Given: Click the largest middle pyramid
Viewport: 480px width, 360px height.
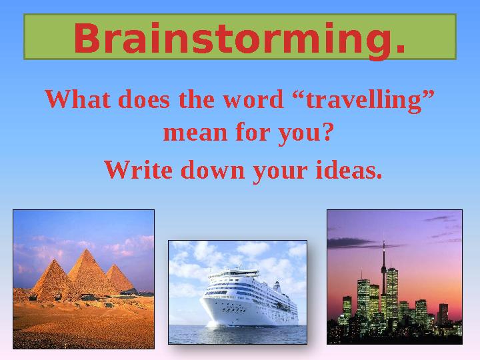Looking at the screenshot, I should tap(85, 273).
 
